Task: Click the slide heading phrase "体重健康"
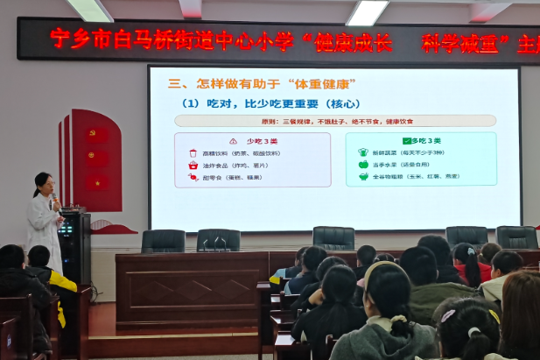pyautogui.click(x=319, y=84)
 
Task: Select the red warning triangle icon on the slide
pyautogui.click(x=233, y=140)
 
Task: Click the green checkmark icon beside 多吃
pyautogui.click(x=406, y=140)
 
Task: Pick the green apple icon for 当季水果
pyautogui.click(x=363, y=164)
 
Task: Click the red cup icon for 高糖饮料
pyautogui.click(x=193, y=152)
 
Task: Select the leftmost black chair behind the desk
pyautogui.click(x=163, y=241)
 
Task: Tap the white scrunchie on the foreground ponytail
pyautogui.click(x=474, y=333)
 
